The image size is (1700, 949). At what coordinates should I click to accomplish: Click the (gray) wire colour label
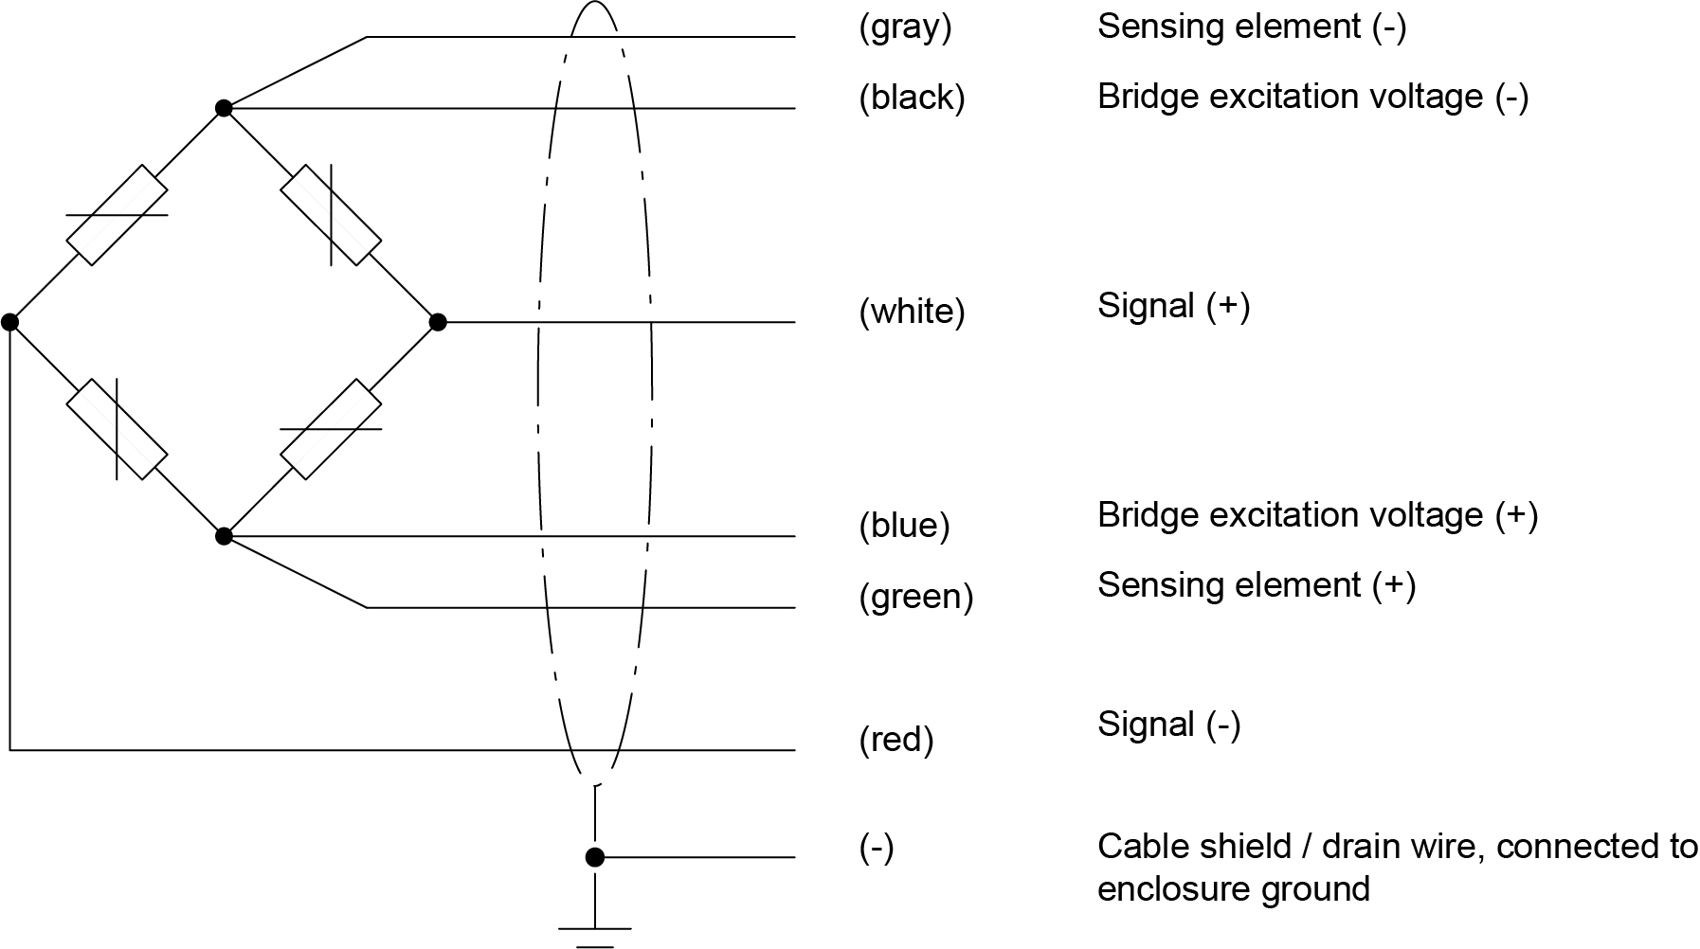(905, 27)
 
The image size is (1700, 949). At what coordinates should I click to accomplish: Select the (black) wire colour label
(912, 98)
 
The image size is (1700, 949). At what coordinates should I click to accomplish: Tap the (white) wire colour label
(912, 312)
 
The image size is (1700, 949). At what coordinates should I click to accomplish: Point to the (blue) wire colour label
(904, 526)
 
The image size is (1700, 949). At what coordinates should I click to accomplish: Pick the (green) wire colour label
(916, 597)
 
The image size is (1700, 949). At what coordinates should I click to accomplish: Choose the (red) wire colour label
(896, 740)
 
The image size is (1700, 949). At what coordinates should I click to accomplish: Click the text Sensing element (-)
(1252, 27)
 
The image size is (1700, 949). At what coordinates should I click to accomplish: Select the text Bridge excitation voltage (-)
(1313, 97)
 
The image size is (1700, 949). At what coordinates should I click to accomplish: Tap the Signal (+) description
(1174, 306)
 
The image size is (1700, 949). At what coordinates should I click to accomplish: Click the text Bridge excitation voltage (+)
(1317, 515)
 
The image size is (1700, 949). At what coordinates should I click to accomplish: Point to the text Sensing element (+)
(1257, 585)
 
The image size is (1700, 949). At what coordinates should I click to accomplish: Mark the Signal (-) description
(1169, 725)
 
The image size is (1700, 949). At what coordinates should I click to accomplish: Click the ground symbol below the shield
(594, 936)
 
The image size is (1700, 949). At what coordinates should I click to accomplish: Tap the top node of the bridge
(224, 108)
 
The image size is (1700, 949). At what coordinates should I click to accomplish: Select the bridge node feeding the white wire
(438, 322)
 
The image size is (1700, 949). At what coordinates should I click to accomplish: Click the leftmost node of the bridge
(10, 322)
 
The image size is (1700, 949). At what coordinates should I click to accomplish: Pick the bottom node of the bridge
(224, 536)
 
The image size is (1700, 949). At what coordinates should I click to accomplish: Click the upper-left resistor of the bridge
(118, 215)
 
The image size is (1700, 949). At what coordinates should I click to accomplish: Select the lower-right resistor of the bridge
(331, 429)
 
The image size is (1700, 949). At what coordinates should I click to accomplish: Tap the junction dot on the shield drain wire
(594, 857)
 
